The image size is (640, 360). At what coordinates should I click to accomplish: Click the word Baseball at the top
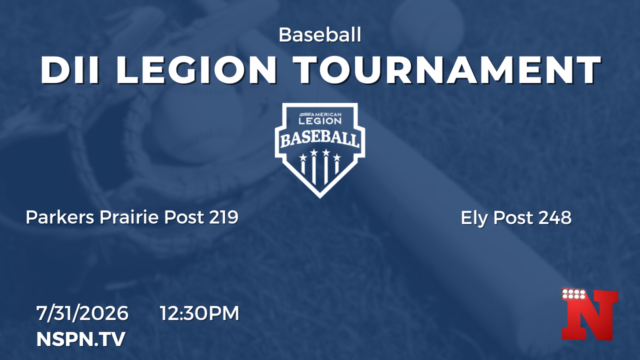(x=320, y=35)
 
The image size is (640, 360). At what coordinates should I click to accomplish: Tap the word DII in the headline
(x=70, y=70)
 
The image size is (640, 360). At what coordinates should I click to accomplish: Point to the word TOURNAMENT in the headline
(x=447, y=70)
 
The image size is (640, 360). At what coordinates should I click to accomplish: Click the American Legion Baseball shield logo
(x=320, y=150)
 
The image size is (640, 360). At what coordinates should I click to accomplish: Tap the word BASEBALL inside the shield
(x=320, y=140)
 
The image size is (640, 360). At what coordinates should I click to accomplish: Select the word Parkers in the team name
(x=60, y=217)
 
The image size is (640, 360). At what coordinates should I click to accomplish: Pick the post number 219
(x=223, y=217)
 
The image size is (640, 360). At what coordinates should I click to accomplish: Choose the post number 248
(x=555, y=217)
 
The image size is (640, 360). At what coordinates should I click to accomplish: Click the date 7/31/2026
(x=82, y=313)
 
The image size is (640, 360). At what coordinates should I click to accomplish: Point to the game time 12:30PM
(x=199, y=313)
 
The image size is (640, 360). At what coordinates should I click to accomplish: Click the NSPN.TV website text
(x=81, y=339)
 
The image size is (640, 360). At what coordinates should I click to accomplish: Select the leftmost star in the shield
(x=303, y=157)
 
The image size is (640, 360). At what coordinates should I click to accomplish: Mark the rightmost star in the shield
(x=337, y=157)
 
